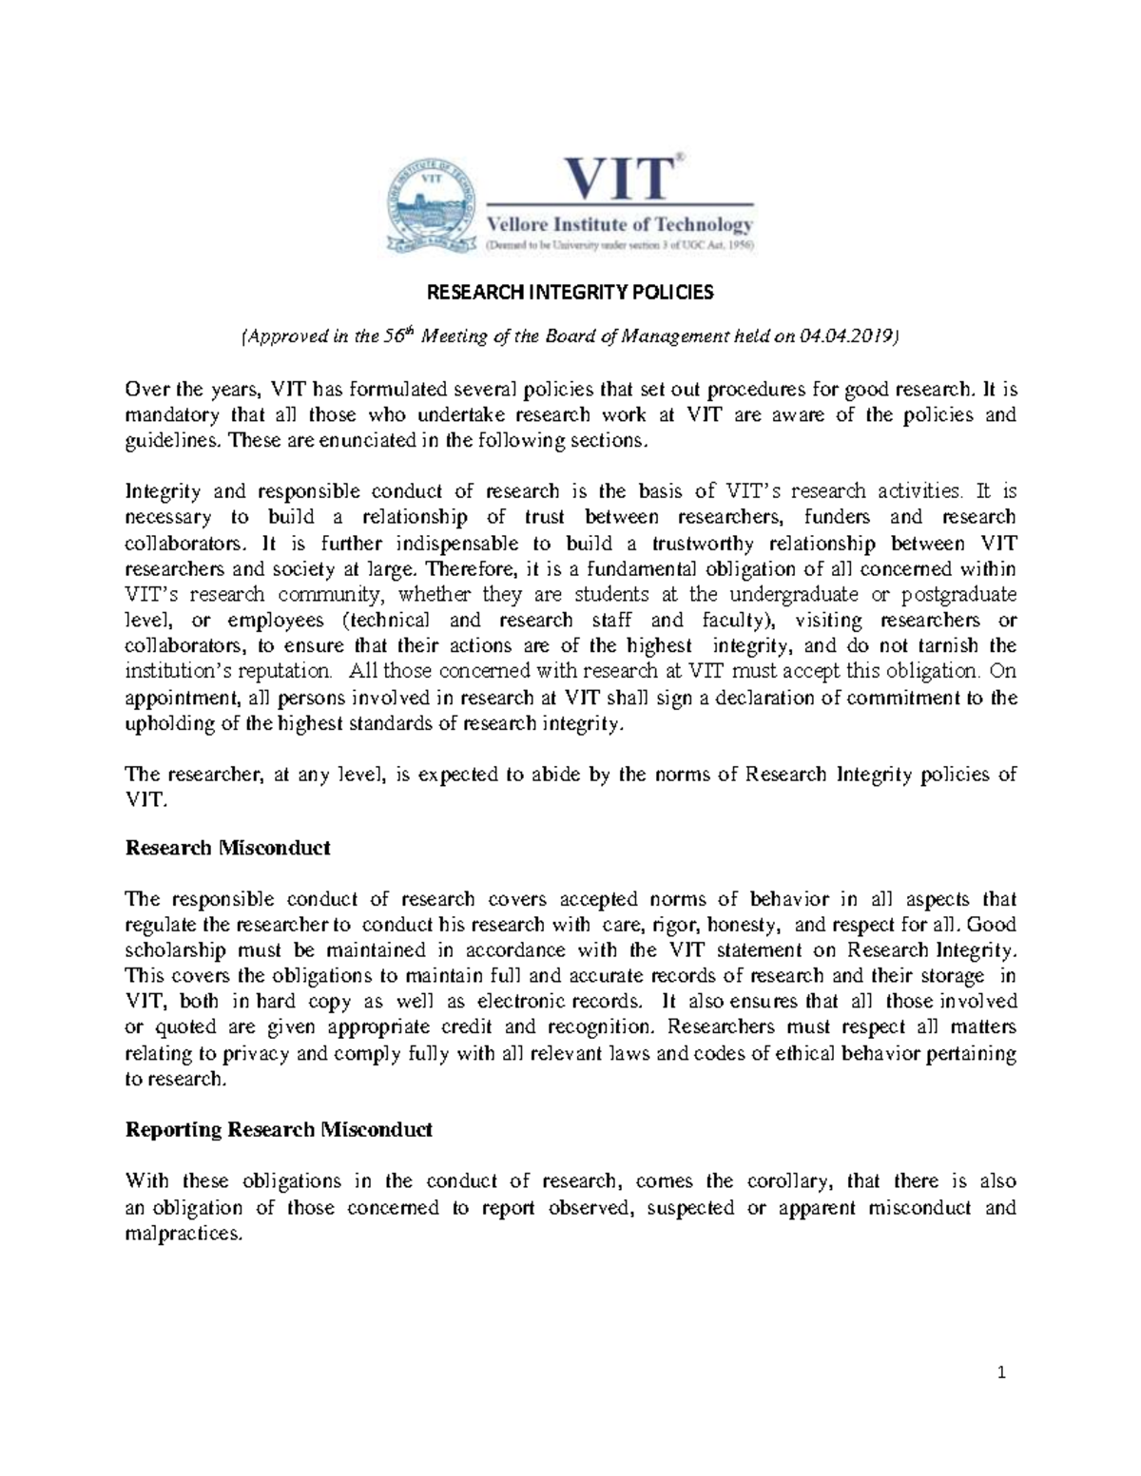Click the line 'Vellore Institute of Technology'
coord(620,225)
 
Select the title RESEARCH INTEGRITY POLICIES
coord(570,292)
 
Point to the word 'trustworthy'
coord(702,544)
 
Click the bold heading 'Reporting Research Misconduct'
coord(279,1130)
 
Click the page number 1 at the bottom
coord(1001,1372)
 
